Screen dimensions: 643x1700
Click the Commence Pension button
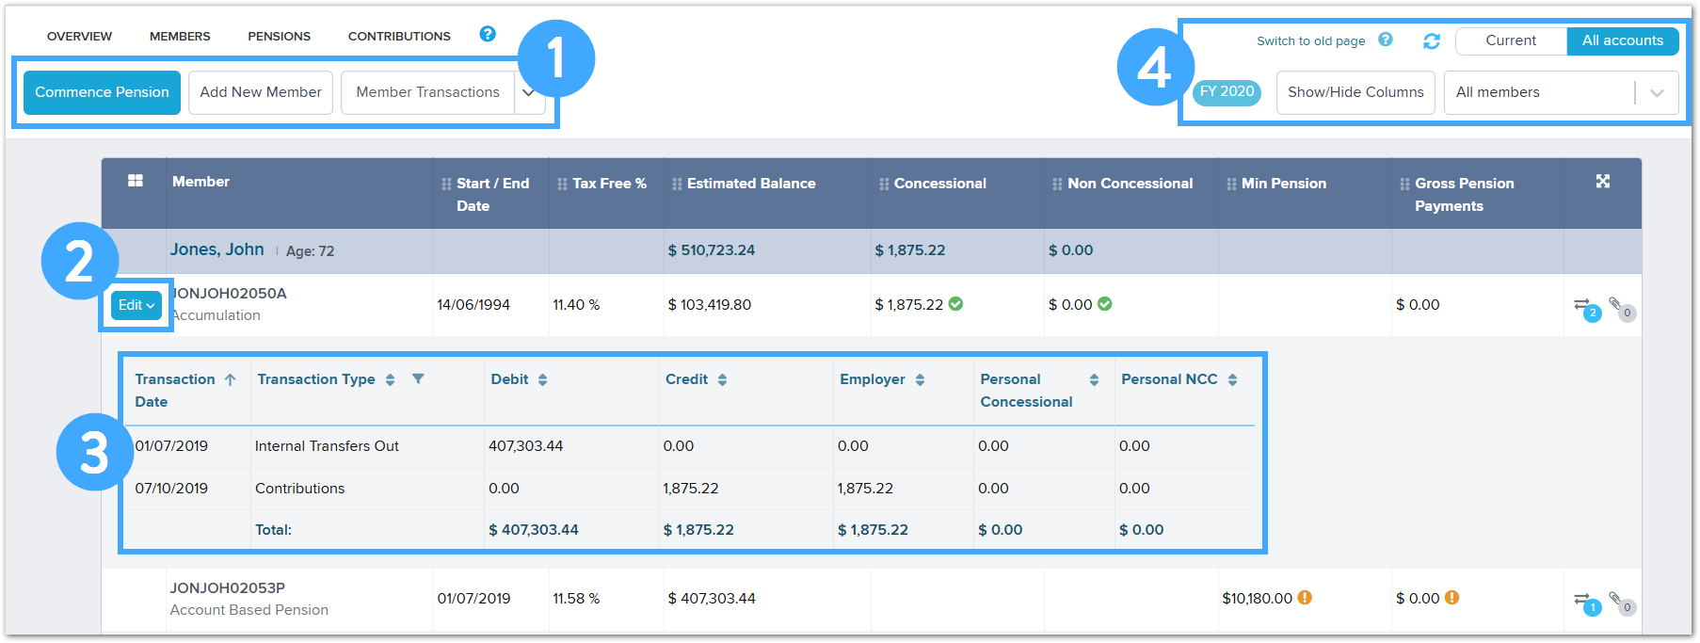click(x=102, y=92)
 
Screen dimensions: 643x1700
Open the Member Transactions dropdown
click(x=529, y=92)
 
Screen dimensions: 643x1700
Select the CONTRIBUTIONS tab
click(x=399, y=37)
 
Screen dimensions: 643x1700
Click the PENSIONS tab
click(x=279, y=37)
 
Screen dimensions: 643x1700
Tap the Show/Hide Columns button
click(x=1355, y=92)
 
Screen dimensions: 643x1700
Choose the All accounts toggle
click(x=1622, y=40)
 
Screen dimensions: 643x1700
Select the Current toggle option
click(x=1510, y=40)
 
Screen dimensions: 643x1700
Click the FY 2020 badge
click(x=1227, y=91)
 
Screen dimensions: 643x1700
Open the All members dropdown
click(x=1560, y=92)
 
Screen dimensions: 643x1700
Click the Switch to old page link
click(x=1310, y=41)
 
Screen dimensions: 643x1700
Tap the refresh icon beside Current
click(x=1432, y=41)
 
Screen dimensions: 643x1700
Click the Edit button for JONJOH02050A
click(x=136, y=305)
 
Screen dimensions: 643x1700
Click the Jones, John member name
click(x=217, y=249)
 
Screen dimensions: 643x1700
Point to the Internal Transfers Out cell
click(x=327, y=446)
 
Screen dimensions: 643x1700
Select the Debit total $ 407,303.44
click(x=534, y=530)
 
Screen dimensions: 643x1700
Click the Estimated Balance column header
click(x=750, y=184)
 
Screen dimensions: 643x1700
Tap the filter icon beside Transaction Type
click(x=418, y=378)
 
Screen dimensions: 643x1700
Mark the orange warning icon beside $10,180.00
click(x=1305, y=598)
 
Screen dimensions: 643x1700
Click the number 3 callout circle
click(x=94, y=453)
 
